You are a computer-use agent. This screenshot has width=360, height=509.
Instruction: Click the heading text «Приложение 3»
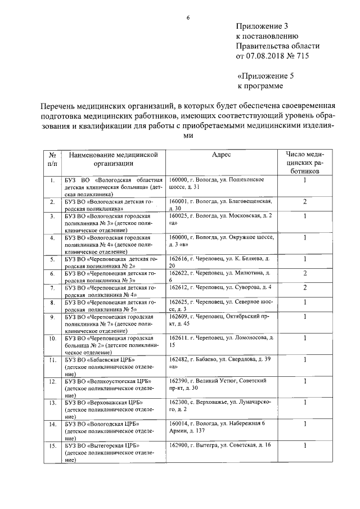pyautogui.click(x=262, y=26)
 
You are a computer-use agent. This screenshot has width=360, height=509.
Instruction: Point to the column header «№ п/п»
pyautogui.click(x=51, y=159)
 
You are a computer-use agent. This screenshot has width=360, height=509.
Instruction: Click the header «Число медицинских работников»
pyautogui.click(x=304, y=160)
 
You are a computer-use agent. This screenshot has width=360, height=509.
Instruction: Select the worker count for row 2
pyautogui.click(x=304, y=201)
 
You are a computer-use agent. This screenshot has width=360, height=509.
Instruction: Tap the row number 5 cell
pyautogui.click(x=52, y=259)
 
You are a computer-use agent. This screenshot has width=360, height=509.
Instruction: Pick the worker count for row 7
pyautogui.click(x=304, y=288)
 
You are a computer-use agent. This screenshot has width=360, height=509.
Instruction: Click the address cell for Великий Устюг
pyautogui.click(x=217, y=385)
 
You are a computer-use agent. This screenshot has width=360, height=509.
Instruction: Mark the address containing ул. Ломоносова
pyautogui.click(x=220, y=341)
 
